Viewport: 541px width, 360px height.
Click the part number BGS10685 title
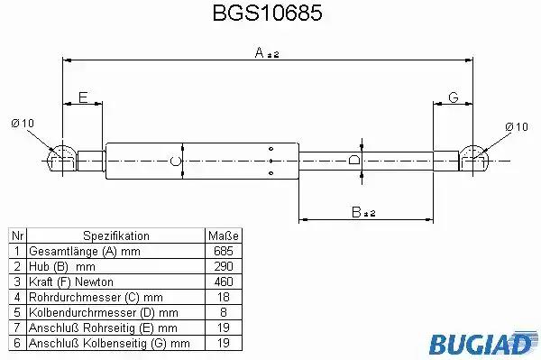(268, 13)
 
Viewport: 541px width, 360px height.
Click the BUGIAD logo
(483, 343)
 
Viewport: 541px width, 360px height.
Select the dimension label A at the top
(260, 53)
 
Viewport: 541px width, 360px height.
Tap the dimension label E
(83, 97)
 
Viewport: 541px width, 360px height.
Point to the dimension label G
(453, 97)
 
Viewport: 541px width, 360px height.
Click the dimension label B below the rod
(356, 212)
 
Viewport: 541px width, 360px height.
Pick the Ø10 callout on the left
(23, 124)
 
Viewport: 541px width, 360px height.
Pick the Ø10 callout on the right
(517, 126)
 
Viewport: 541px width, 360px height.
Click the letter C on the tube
(176, 161)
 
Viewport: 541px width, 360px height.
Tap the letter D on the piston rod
(354, 160)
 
